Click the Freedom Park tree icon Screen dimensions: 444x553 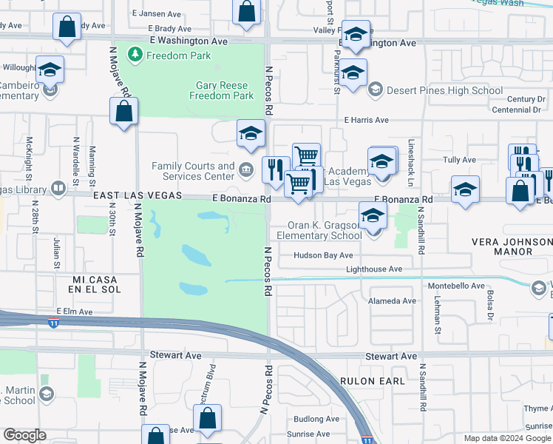[x=135, y=55]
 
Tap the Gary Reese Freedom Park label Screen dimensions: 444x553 [x=222, y=90]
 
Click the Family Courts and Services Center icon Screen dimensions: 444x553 [x=245, y=171]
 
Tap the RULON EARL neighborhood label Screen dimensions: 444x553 [x=373, y=380]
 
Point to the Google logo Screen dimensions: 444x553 [x=24, y=435]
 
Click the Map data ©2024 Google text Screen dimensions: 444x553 [x=506, y=438]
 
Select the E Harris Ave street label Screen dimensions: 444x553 [x=366, y=120]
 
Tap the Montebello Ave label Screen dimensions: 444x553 [x=456, y=286]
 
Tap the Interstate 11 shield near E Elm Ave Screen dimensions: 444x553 [x=54, y=323]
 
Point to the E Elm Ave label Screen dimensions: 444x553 [x=75, y=312]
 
